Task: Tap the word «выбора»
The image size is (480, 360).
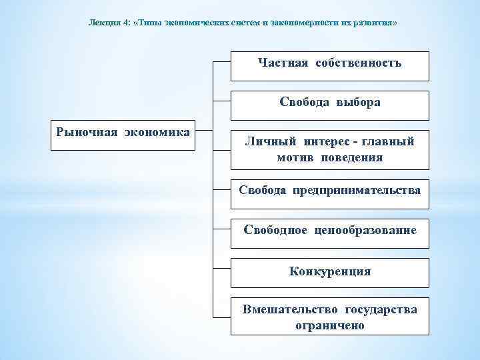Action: click(358, 102)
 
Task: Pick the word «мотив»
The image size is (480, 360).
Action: click(295, 157)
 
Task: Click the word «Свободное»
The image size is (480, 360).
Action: click(275, 230)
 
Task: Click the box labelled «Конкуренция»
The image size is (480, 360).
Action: click(330, 272)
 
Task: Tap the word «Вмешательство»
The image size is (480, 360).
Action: click(291, 309)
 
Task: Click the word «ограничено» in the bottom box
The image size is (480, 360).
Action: click(330, 325)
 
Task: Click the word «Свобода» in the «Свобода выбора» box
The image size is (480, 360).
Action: click(304, 102)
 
